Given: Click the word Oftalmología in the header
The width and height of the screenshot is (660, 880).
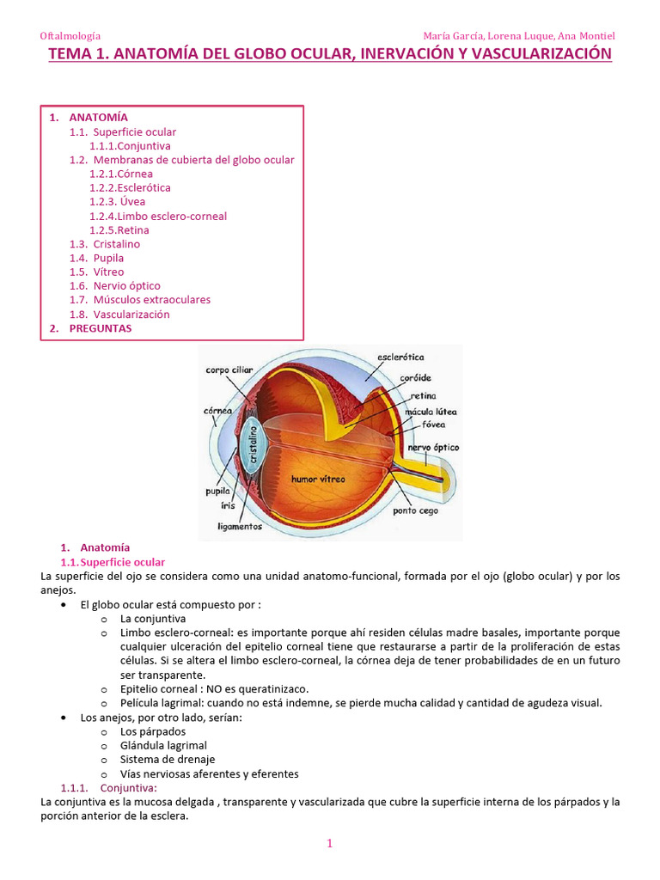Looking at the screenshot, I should (70, 36).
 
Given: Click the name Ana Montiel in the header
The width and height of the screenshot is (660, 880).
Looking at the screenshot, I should (586, 36).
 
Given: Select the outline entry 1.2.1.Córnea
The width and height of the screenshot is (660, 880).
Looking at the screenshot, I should (121, 174).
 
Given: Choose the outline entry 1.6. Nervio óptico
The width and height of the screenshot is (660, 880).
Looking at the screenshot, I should (115, 285).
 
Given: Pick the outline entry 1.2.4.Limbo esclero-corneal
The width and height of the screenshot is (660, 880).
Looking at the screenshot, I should (158, 216).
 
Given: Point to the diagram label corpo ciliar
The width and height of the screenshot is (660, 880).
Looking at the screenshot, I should (229, 370).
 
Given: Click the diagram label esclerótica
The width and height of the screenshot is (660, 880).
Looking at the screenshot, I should (400, 356).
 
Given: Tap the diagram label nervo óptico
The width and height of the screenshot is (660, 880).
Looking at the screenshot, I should (433, 448).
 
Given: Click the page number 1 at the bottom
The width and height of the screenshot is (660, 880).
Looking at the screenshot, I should (329, 844).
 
